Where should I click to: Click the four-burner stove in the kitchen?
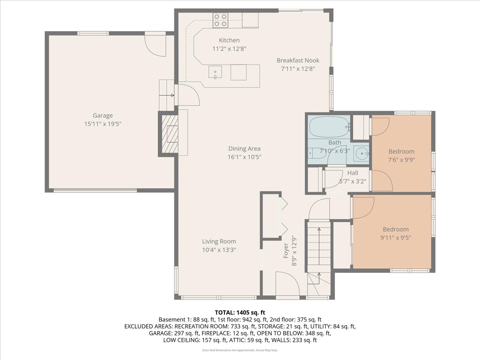220,20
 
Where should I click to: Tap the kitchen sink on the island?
215,72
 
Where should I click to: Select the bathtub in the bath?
329,127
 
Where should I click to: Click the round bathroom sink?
362,154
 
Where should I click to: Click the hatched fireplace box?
170,134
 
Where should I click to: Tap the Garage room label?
103,116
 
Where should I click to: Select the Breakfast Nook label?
298,60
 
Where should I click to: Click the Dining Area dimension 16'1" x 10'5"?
244,157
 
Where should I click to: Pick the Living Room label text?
219,241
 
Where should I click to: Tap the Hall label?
352,173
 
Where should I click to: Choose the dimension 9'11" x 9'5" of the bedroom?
396,238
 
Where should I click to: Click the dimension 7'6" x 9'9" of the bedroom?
401,160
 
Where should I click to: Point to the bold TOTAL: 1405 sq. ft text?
240,312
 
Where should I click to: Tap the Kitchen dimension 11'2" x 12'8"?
229,48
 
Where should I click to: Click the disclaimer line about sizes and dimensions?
240,350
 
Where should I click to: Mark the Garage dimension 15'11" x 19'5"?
103,124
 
